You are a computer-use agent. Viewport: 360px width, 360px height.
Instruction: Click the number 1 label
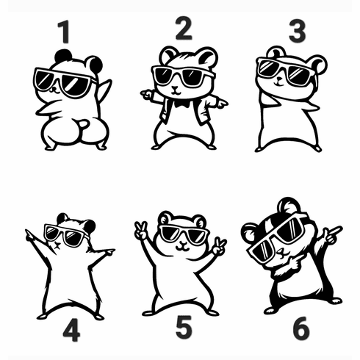tap(64, 32)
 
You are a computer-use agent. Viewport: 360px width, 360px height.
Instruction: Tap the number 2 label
tap(183, 29)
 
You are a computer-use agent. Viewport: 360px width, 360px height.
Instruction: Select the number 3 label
tap(297, 32)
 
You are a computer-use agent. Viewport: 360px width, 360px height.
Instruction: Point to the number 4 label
tap(71, 331)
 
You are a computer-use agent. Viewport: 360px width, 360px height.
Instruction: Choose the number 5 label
tap(184, 328)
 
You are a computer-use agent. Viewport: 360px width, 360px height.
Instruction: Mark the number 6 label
tap(301, 328)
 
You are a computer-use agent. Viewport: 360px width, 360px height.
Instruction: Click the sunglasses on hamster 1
tap(65, 82)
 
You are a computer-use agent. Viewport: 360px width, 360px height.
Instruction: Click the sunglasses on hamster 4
tap(65, 236)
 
